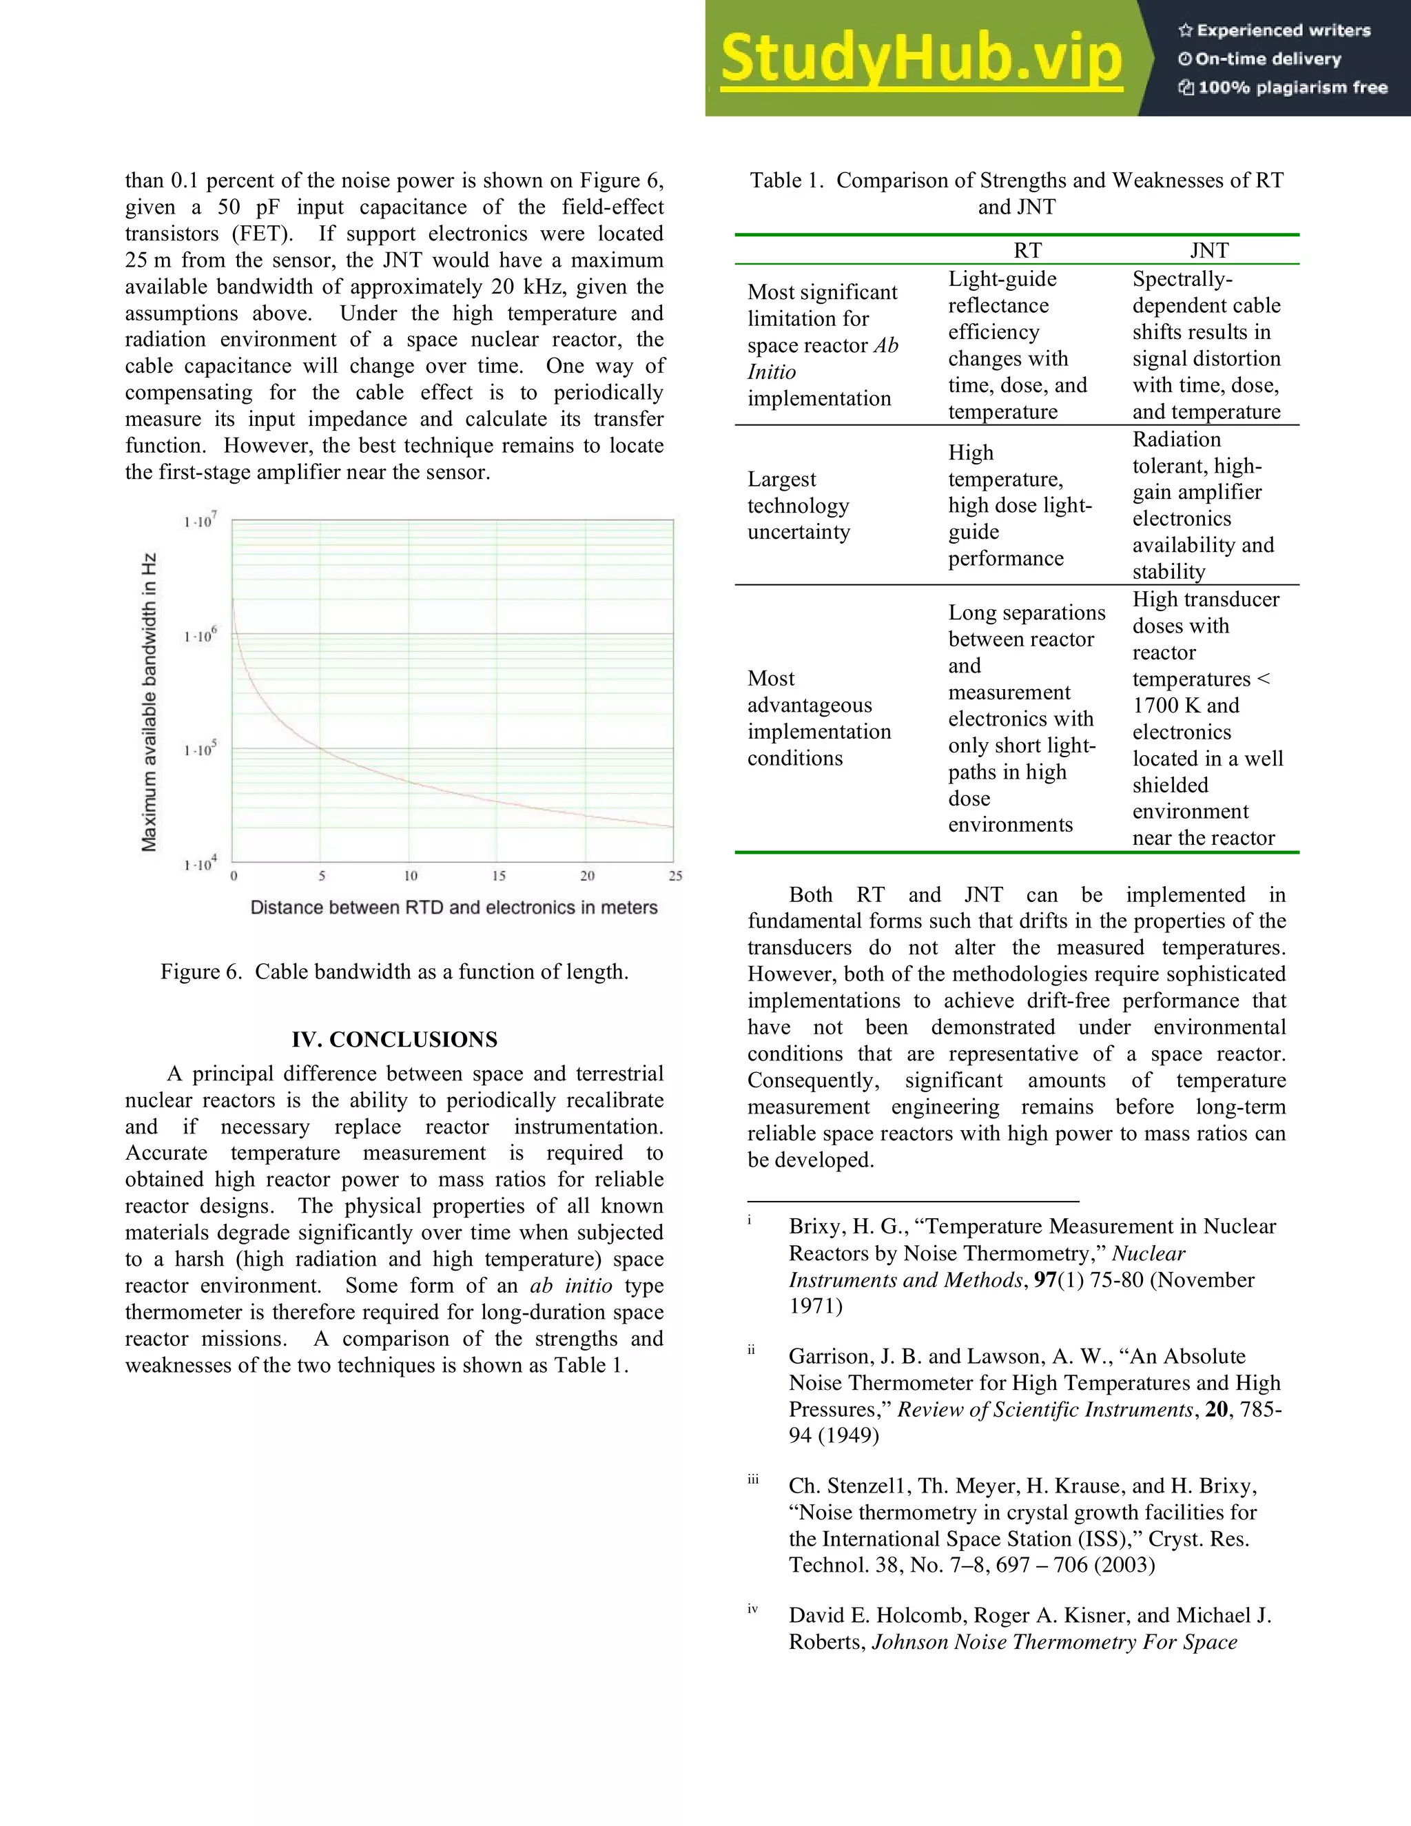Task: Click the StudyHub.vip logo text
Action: [x=920, y=59]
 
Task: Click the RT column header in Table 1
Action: [x=1027, y=250]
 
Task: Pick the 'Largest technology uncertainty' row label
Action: [x=799, y=505]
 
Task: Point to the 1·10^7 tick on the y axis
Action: [x=200, y=520]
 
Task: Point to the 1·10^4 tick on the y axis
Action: [x=200, y=863]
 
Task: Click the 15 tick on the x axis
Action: [x=498, y=875]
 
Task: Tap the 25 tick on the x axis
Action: [x=675, y=875]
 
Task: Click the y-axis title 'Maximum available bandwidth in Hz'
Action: [x=149, y=701]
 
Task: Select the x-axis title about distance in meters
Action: [x=454, y=907]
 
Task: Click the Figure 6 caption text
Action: [x=395, y=972]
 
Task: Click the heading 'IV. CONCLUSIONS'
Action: [x=395, y=1039]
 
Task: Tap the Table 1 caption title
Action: [x=1016, y=193]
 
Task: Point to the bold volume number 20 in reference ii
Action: [x=1216, y=1409]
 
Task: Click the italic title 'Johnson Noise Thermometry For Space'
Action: [x=1054, y=1641]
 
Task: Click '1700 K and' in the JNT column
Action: [x=1185, y=705]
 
